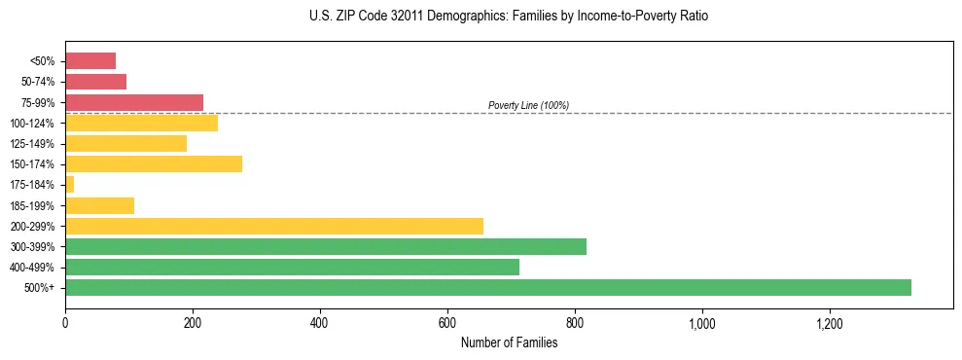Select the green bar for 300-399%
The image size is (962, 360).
tap(326, 246)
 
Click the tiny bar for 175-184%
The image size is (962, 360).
tap(69, 184)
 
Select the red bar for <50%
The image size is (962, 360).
tap(90, 60)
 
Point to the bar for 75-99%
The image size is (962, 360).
tap(134, 102)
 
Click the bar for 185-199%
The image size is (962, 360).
tap(99, 205)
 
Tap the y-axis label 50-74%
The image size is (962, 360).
tap(40, 82)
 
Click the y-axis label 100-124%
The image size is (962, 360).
tap(37, 123)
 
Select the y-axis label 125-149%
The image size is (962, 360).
tap(37, 143)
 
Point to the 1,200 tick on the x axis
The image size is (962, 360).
tap(830, 323)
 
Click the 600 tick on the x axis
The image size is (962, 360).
tap(447, 323)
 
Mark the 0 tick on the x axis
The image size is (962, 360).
tap(65, 323)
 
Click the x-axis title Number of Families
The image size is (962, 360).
tap(509, 342)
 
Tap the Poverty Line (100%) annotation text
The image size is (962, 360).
tap(528, 105)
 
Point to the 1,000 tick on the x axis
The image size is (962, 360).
tap(702, 323)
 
